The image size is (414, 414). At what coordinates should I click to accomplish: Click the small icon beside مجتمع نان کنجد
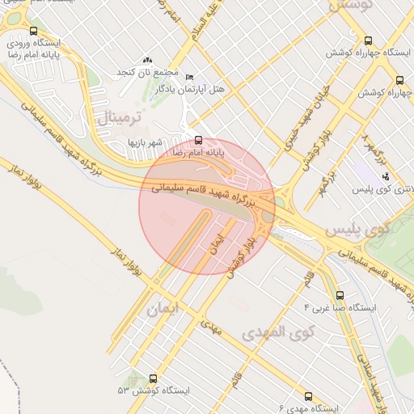(146, 60)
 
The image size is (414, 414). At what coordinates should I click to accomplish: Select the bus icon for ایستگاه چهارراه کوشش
(369, 40)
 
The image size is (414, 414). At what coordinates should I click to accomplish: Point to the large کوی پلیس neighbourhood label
(357, 230)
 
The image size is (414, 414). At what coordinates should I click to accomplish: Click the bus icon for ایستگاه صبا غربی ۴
(339, 296)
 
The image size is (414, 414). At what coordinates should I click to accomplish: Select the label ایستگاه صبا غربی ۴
(340, 308)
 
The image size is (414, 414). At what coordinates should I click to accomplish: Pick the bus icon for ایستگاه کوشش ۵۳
(153, 378)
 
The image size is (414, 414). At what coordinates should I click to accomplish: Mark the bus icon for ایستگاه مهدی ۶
(308, 396)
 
